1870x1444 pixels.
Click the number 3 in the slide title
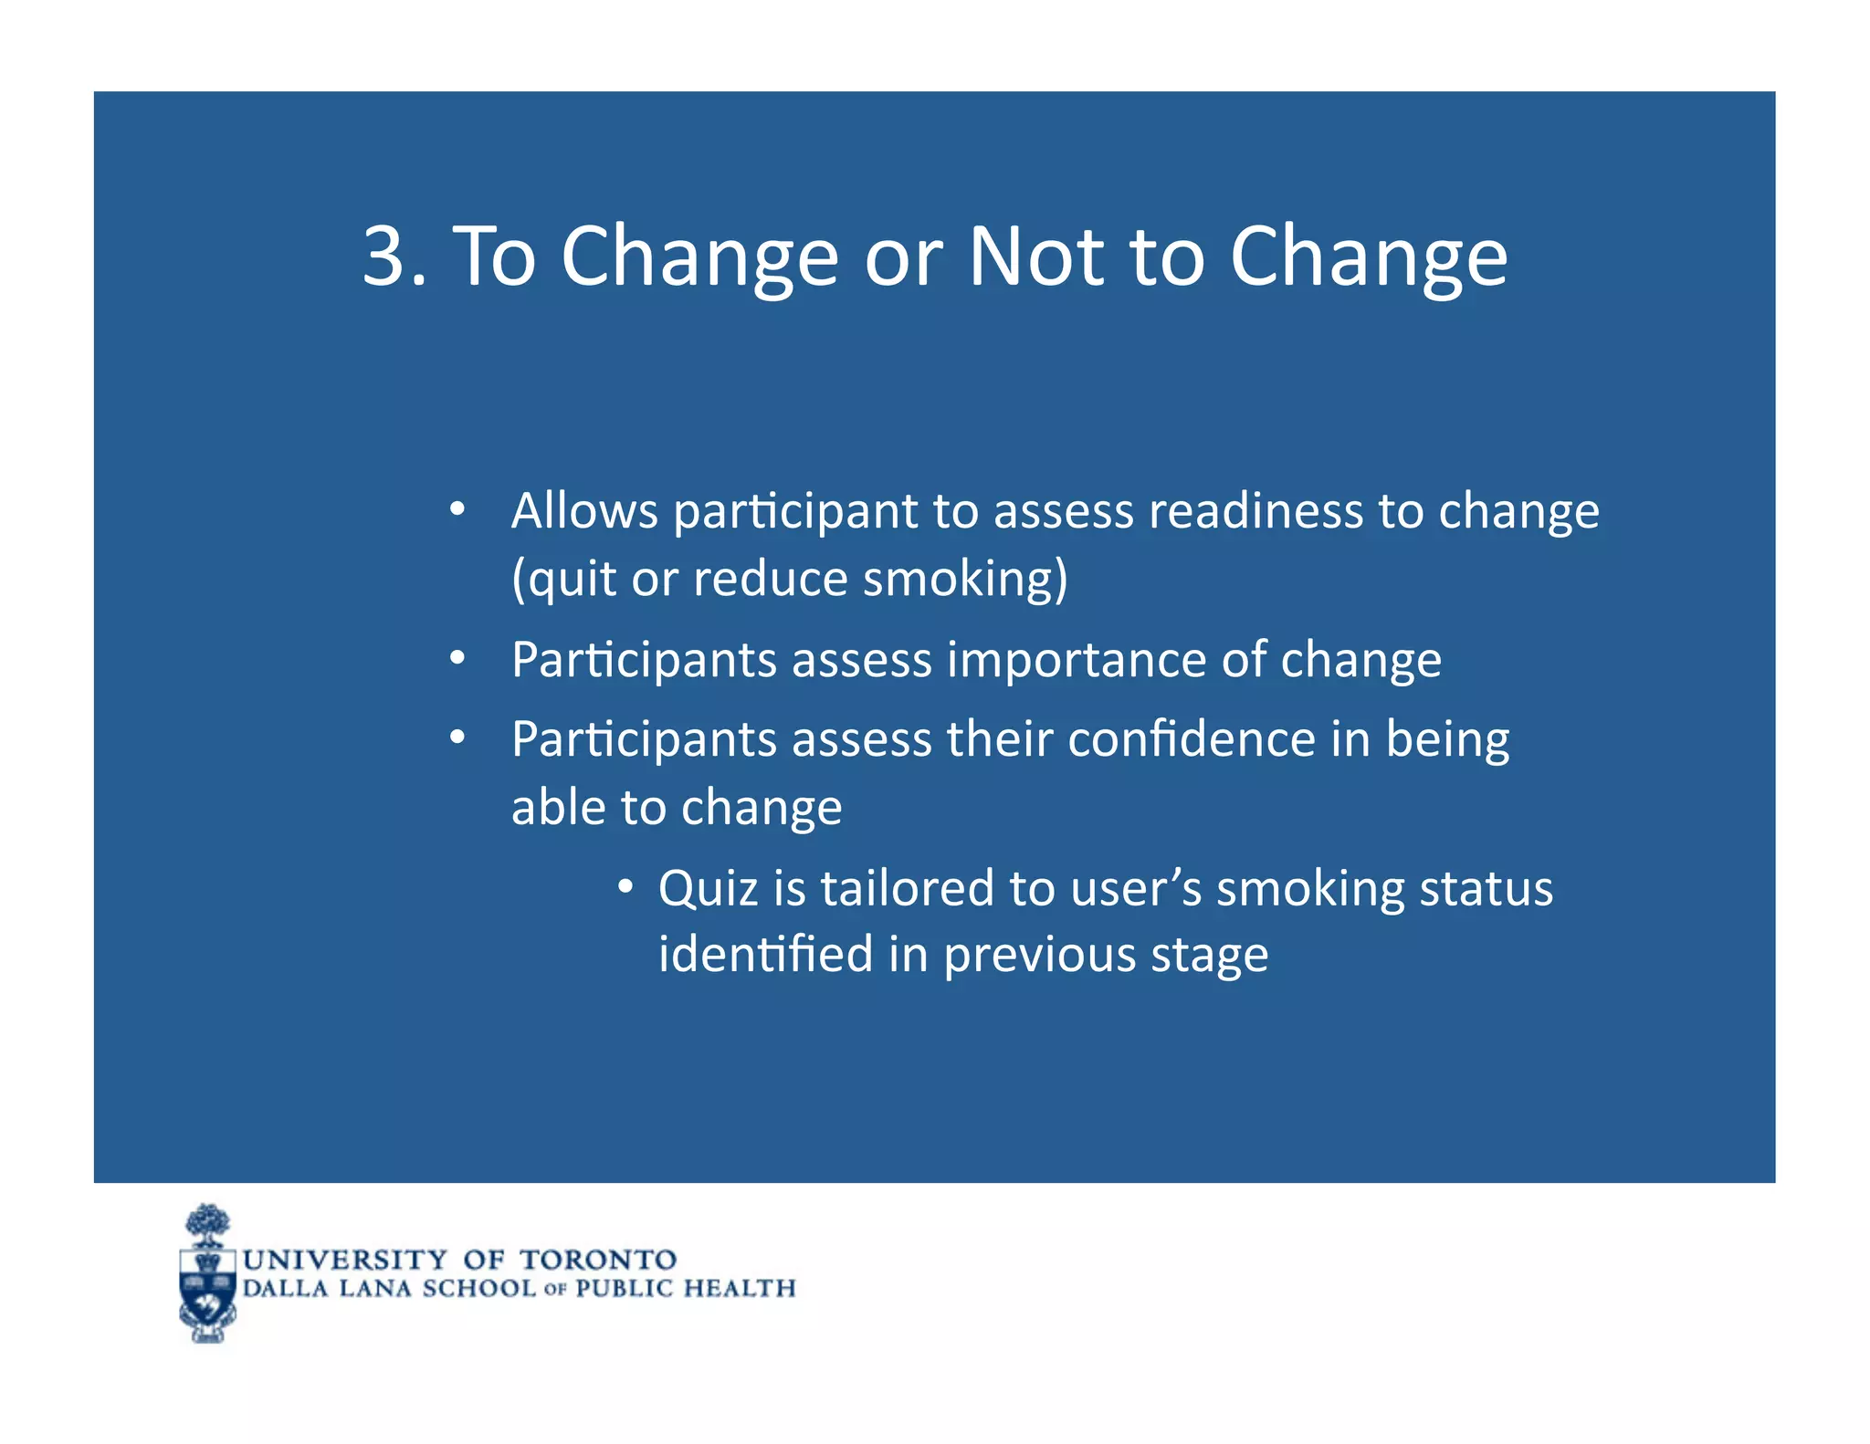[383, 256]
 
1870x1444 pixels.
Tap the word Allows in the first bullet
[584, 510]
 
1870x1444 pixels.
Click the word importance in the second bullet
[1077, 659]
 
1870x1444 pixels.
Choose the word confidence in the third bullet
[1192, 738]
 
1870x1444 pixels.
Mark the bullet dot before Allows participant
[458, 509]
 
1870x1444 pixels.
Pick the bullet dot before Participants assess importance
[458, 658]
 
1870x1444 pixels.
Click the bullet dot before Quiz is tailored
[625, 886]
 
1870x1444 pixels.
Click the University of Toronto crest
[208, 1275]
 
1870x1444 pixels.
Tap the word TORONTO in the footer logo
[598, 1260]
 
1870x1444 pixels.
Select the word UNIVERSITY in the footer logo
[345, 1260]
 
